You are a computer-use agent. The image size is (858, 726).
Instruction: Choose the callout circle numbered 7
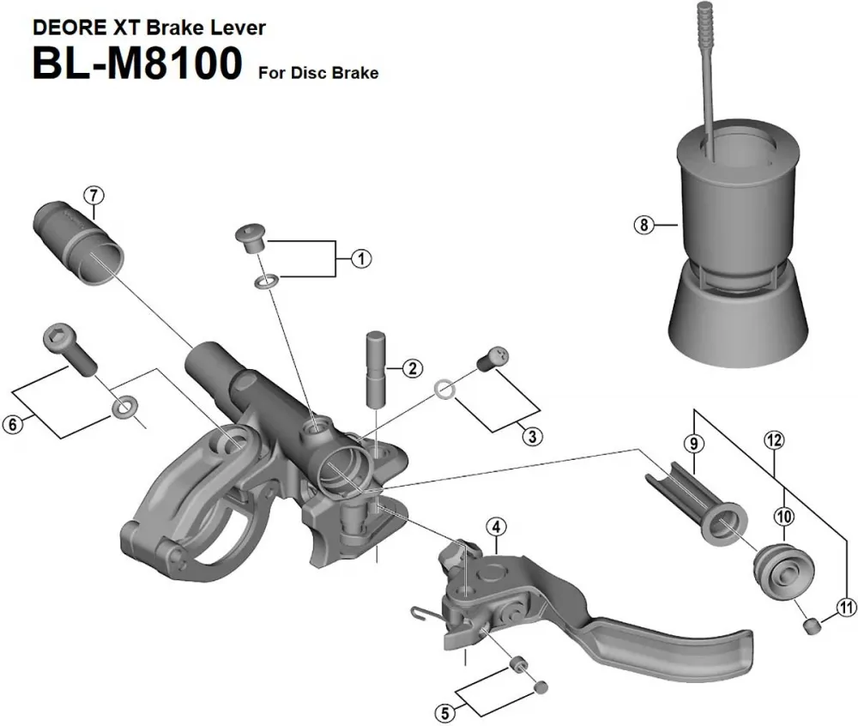94,194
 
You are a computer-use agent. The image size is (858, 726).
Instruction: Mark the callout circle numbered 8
642,226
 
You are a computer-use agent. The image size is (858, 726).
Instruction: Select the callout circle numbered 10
785,516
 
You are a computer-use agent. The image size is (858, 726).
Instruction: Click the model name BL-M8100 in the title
137,65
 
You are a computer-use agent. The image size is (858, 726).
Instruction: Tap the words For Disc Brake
317,73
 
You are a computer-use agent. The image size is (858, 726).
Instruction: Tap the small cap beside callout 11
809,628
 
